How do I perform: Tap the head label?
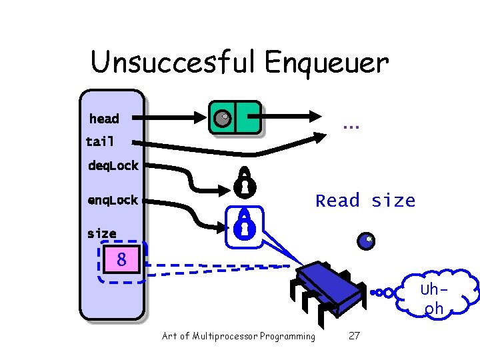tap(104, 119)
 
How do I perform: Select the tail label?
tap(100, 141)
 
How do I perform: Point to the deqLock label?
tap(113, 165)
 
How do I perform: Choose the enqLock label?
tap(113, 200)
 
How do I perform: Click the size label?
tap(101, 233)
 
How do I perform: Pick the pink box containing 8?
tap(121, 259)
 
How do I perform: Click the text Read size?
tap(365, 201)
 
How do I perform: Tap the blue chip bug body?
tap(331, 287)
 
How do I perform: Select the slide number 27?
tap(354, 336)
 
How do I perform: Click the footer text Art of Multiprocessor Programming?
tap(239, 336)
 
